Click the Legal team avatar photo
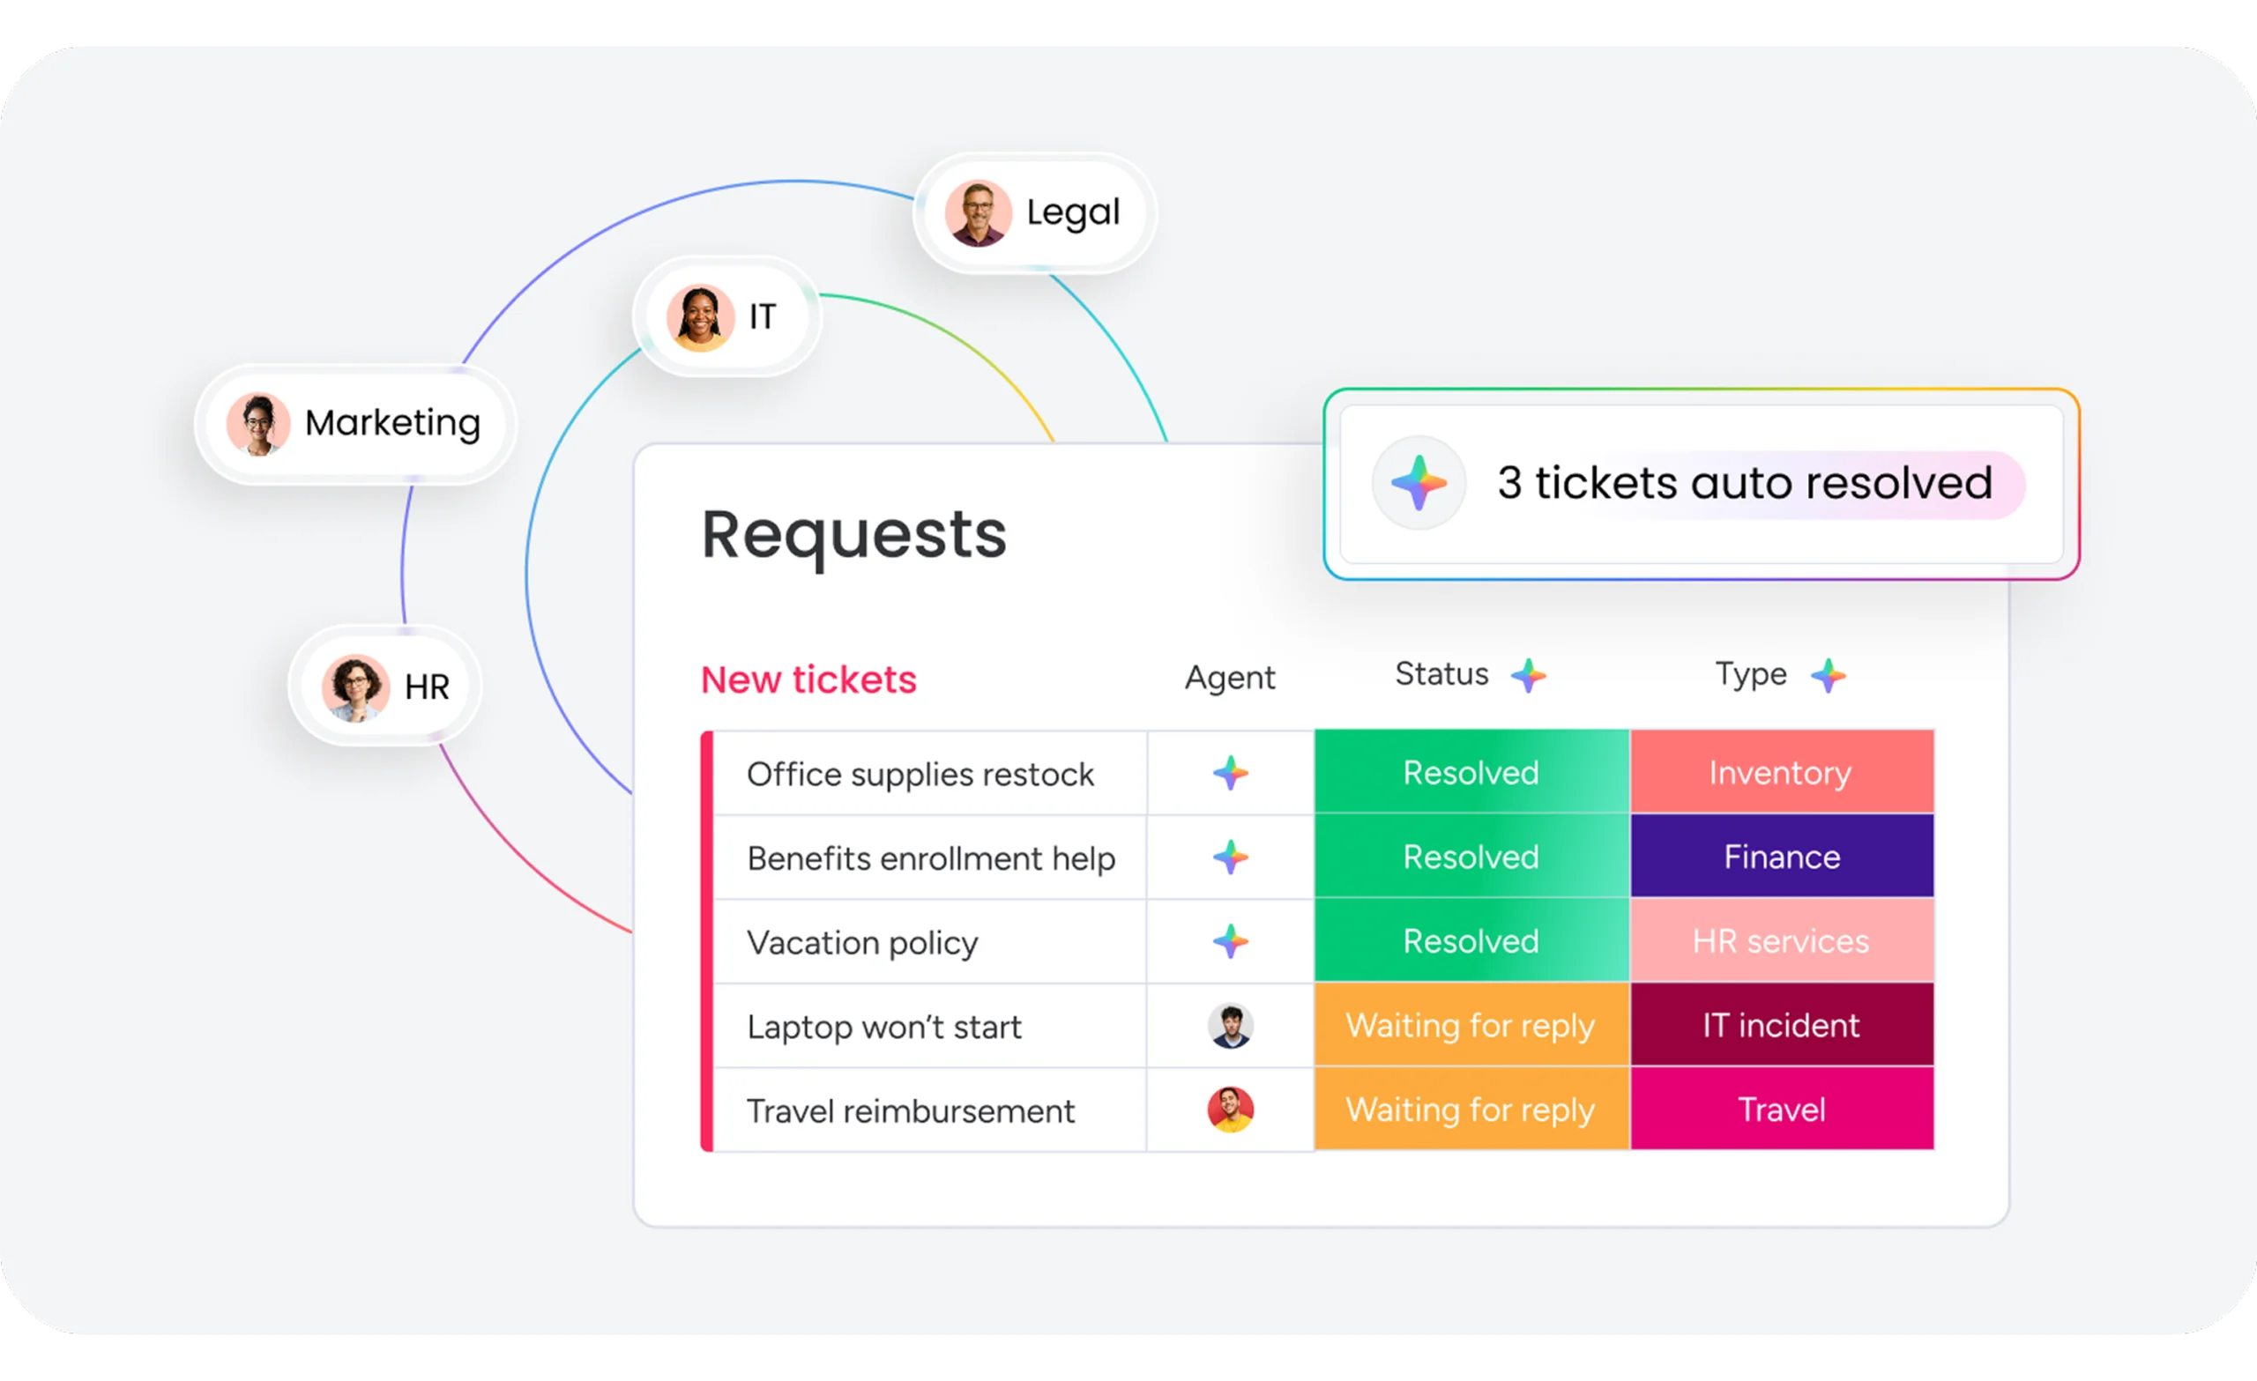pyautogui.click(x=979, y=213)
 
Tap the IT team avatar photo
pyautogui.click(x=700, y=318)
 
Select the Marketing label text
pyautogui.click(x=392, y=423)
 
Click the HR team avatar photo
pyautogui.click(x=355, y=687)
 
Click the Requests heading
pyautogui.click(x=853, y=535)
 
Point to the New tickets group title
pyautogui.click(x=808, y=679)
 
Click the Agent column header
pyautogui.click(x=1229, y=678)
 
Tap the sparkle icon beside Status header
pyautogui.click(x=1528, y=676)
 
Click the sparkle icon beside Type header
pyautogui.click(x=1829, y=676)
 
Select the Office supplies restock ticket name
pyautogui.click(x=920, y=774)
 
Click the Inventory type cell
pyautogui.click(x=1781, y=773)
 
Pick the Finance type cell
pyautogui.click(x=1781, y=858)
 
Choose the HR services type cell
pyautogui.click(x=1781, y=941)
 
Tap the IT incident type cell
pyautogui.click(x=1781, y=1026)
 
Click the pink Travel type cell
pyautogui.click(x=1781, y=1110)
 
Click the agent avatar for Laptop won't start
pyautogui.click(x=1230, y=1026)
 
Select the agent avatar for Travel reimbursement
pyautogui.click(x=1230, y=1110)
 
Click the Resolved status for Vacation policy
pyautogui.click(x=1471, y=941)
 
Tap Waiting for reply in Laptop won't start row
pyautogui.click(x=1471, y=1026)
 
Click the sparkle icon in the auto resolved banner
pyautogui.click(x=1418, y=483)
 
